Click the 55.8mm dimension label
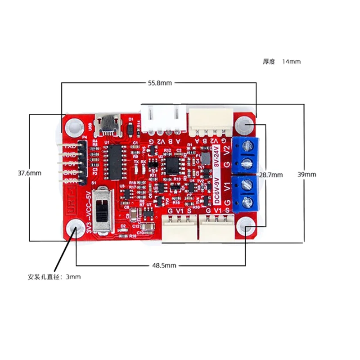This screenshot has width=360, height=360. tap(160, 83)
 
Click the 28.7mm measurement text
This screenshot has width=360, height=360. tap(270, 175)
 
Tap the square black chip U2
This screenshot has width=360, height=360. tap(172, 165)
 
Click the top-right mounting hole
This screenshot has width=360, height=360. tap(245, 125)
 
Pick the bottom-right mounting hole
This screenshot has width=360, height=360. tap(246, 229)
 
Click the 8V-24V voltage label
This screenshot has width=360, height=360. tap(216, 156)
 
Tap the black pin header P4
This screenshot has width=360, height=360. tap(81, 162)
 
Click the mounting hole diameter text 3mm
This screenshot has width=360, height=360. tap(73, 277)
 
